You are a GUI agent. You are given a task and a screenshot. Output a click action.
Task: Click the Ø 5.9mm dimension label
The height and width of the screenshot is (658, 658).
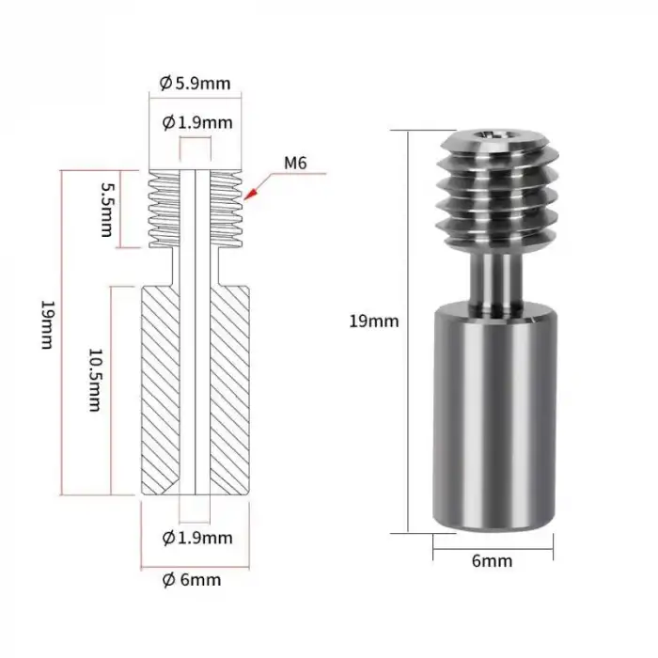195,83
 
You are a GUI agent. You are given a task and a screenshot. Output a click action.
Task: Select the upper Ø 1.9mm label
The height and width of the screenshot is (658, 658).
196,122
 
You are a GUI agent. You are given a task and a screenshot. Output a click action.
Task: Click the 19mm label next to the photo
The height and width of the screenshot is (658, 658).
373,321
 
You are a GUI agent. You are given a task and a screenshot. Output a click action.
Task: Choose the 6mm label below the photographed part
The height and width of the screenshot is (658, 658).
492,561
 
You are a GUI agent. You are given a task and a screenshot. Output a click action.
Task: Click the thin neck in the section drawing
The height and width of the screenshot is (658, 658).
196,268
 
